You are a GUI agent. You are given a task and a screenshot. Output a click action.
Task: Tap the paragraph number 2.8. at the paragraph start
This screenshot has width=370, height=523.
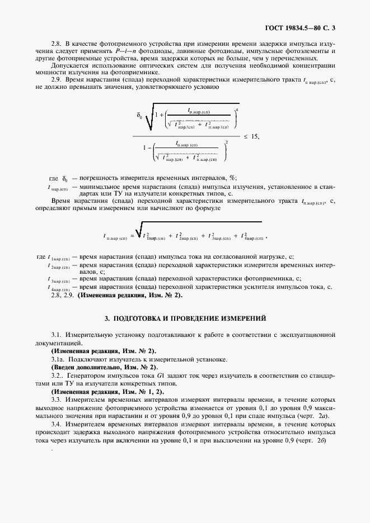pyautogui.click(x=57, y=44)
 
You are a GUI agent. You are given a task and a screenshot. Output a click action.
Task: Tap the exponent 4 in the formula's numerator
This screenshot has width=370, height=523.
pyautogui.click(x=237, y=108)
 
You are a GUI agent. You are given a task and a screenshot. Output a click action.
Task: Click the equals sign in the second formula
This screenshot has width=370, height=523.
pyautogui.click(x=132, y=237)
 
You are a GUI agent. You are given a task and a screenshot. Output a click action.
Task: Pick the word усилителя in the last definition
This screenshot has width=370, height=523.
pyautogui.click(x=232, y=287)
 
